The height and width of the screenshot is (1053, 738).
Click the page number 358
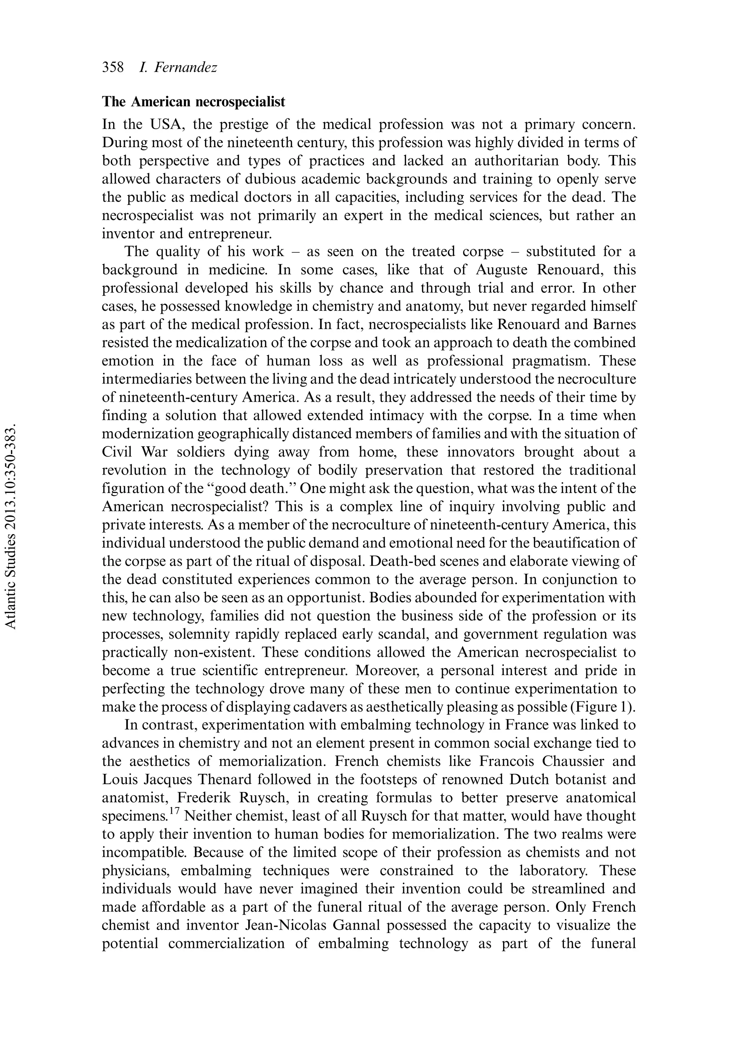[x=113, y=68]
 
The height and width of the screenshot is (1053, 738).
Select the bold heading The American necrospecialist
[x=193, y=101]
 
